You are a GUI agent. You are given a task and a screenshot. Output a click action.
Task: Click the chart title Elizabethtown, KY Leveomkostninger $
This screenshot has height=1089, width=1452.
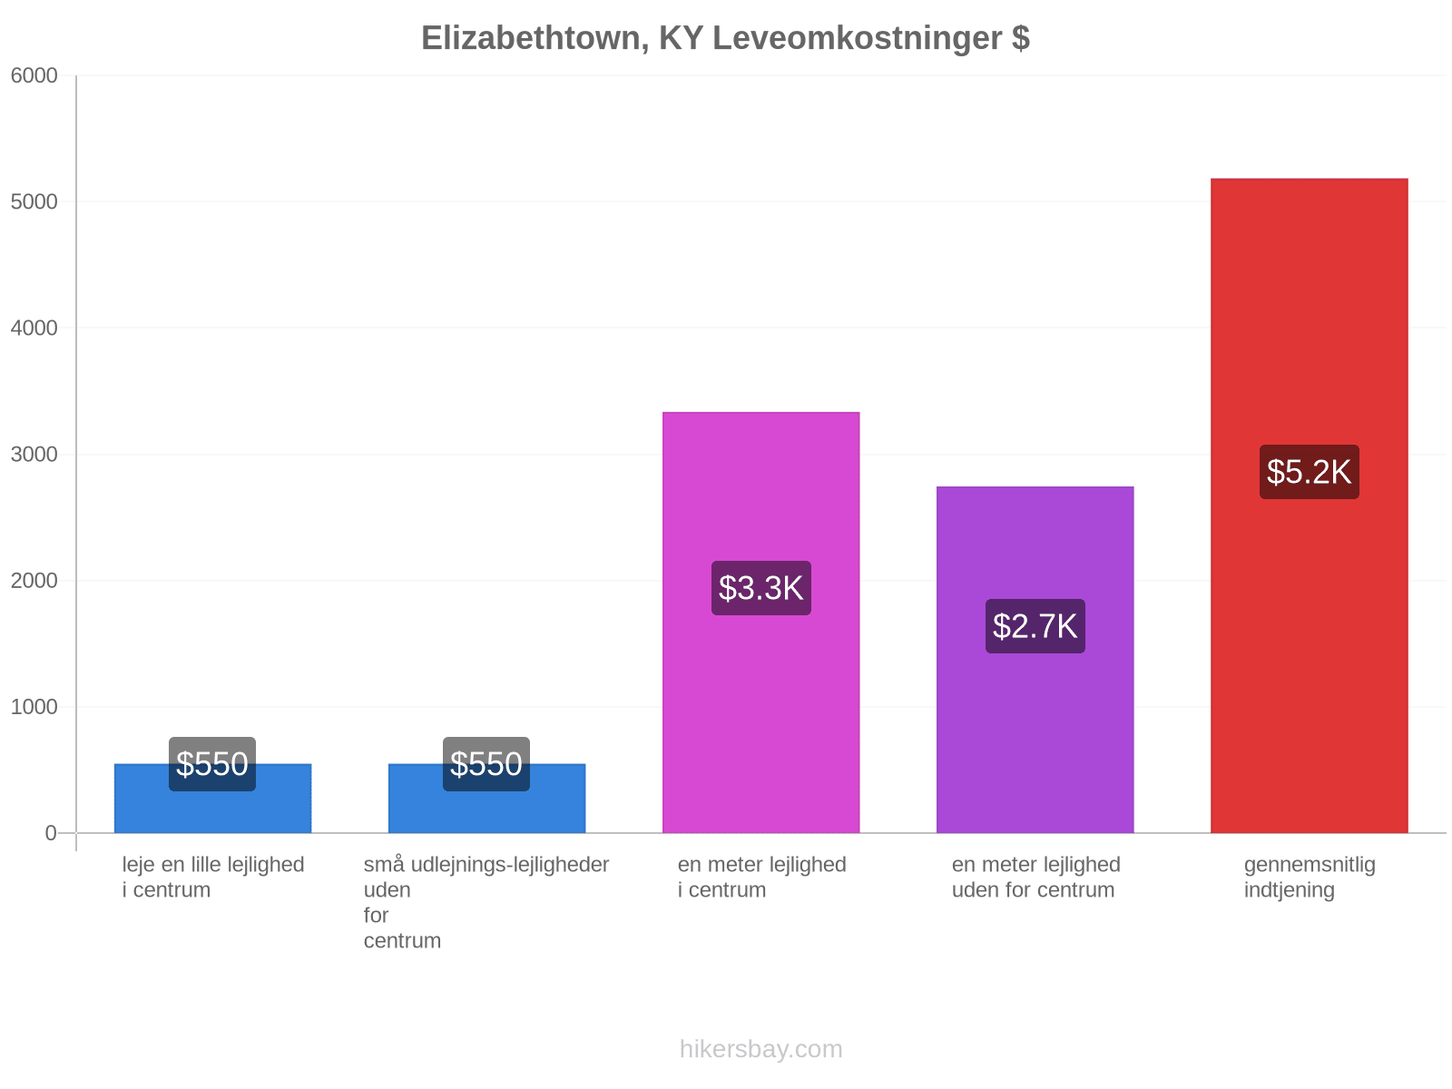point(725,38)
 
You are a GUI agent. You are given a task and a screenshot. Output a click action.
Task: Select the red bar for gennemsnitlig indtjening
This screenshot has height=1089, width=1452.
point(1309,505)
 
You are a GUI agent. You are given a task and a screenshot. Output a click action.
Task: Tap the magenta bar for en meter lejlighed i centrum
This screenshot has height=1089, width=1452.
point(760,623)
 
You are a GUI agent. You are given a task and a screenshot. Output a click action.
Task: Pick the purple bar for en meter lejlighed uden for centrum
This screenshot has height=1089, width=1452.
point(1035,660)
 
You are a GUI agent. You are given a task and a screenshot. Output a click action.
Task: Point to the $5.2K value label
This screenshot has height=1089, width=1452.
point(1309,471)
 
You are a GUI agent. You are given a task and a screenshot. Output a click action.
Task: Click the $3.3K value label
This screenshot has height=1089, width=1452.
point(760,588)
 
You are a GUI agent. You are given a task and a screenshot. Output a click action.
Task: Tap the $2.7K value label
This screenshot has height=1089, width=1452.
point(1035,626)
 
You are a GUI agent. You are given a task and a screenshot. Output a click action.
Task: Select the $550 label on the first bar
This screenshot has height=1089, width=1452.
point(212,764)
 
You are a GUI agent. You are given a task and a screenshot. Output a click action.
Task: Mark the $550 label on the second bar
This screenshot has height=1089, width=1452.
point(486,764)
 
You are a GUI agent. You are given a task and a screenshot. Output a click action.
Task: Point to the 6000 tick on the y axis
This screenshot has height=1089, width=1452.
point(34,75)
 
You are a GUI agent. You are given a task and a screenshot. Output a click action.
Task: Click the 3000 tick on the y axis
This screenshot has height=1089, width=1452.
point(34,455)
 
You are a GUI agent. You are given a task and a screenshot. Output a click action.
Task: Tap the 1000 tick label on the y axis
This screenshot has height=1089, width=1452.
point(34,707)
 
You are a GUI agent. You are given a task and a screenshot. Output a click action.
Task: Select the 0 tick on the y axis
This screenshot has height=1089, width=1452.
point(51,833)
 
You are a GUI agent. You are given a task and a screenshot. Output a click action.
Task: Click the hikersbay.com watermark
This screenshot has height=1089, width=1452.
point(760,1049)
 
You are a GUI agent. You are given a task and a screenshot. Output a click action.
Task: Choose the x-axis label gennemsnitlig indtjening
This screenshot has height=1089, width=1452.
point(1310,878)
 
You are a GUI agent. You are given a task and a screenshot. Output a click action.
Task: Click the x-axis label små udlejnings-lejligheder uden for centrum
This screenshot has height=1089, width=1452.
point(486,903)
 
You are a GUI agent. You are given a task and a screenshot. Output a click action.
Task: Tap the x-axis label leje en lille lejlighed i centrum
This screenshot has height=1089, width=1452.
point(213,878)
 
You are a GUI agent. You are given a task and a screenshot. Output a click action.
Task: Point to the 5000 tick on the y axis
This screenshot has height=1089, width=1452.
point(34,201)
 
